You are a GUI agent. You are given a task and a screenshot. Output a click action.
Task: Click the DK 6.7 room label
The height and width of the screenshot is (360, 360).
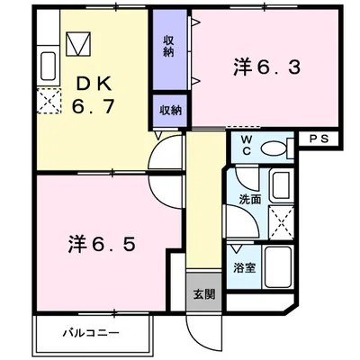93,94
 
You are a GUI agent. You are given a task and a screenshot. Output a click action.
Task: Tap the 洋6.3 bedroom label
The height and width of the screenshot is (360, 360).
266,67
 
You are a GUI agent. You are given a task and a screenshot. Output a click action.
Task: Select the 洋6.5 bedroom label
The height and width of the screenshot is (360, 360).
102,244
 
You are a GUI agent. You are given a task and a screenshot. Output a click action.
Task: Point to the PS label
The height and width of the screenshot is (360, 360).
319,139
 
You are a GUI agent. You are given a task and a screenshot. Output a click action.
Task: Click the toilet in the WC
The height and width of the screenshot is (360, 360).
277,148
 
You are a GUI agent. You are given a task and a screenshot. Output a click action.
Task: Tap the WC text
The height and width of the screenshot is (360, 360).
247,145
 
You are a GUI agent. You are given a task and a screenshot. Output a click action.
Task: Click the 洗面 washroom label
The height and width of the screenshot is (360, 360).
250,200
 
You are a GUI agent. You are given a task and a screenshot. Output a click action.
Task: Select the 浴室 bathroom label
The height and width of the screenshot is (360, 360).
245,268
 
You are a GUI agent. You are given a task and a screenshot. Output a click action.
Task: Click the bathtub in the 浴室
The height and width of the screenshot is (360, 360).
278,267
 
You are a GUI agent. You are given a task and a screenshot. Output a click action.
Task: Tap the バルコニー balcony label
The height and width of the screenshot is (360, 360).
91,333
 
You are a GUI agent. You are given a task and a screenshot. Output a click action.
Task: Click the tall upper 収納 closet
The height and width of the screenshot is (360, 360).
170,49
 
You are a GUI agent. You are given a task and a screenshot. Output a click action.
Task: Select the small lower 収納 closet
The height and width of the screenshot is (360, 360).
170,111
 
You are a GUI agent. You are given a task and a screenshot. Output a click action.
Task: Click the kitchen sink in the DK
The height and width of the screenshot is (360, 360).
49,67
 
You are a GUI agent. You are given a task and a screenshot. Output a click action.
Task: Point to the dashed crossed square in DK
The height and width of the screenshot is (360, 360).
49,101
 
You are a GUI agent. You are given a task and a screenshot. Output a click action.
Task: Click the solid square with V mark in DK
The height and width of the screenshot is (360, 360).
78,44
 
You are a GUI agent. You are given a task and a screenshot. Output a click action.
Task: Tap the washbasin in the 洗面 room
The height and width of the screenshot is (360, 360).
282,185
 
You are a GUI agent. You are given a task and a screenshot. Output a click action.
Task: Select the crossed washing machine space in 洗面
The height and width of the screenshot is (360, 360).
281,222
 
